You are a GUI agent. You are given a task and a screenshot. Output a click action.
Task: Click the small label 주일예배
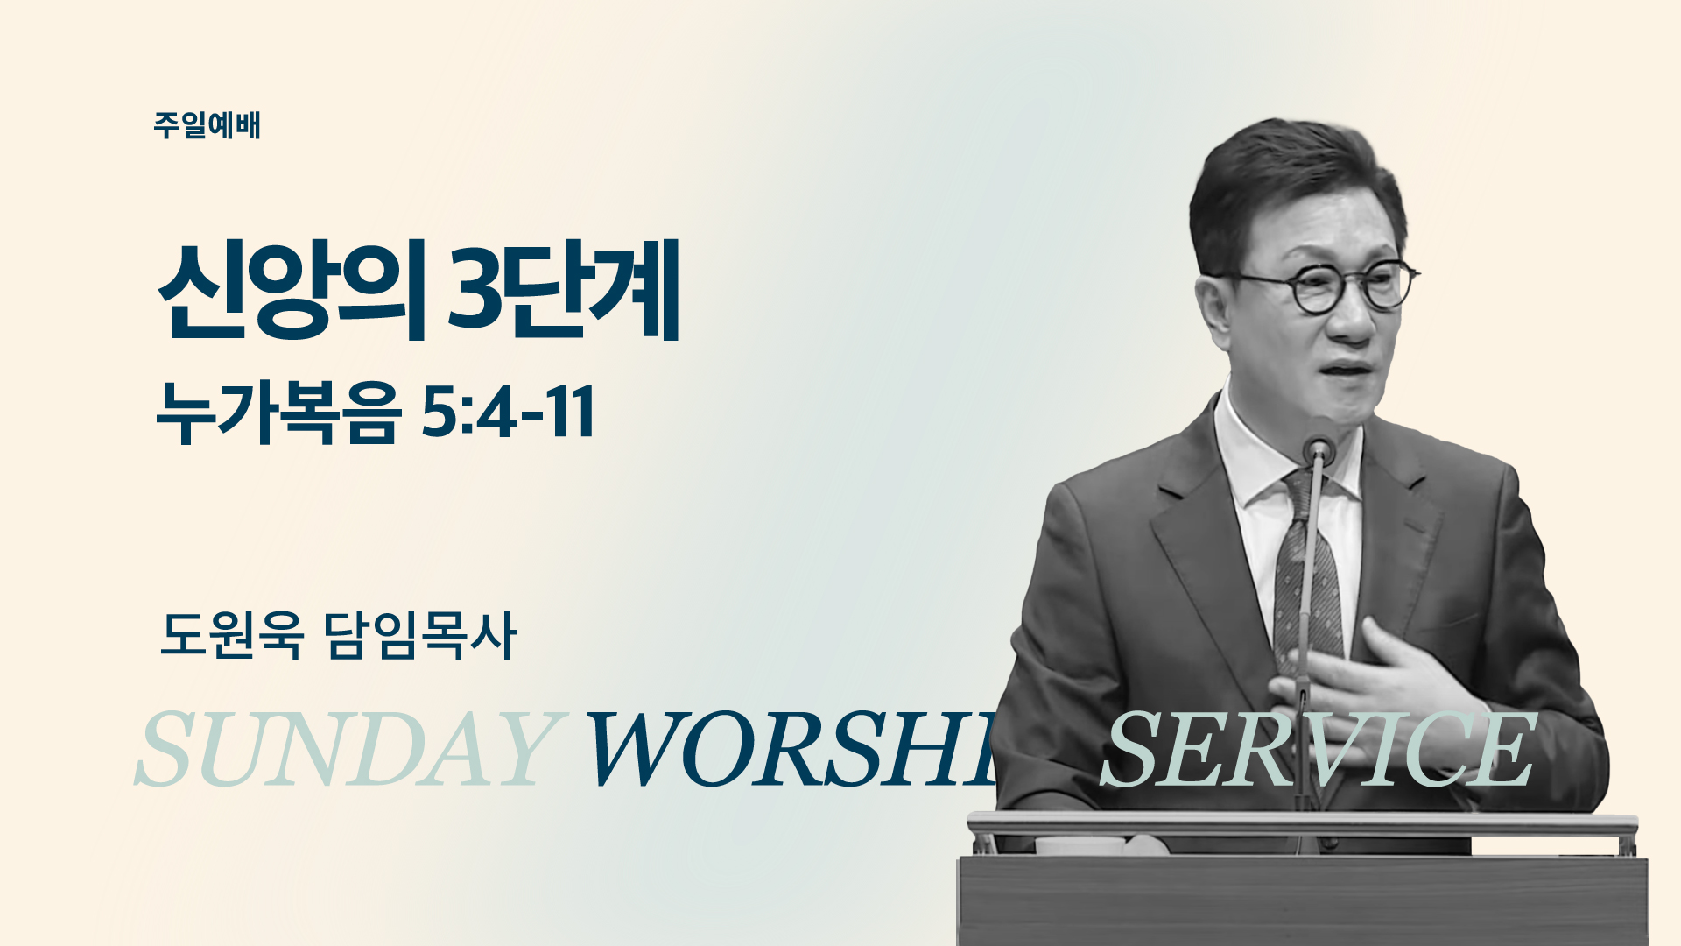[207, 125]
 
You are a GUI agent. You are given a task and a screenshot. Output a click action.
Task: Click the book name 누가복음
[278, 413]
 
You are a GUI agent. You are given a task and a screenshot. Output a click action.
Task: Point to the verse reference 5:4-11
[508, 412]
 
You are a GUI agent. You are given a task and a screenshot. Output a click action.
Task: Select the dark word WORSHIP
[792, 749]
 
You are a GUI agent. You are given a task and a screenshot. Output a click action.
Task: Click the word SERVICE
[1318, 749]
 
